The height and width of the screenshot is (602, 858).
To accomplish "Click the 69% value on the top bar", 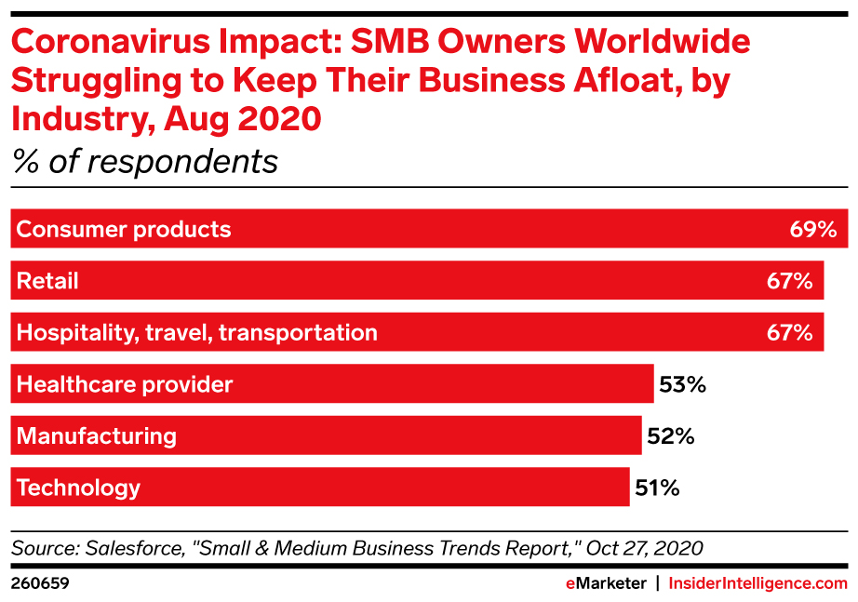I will (x=813, y=229).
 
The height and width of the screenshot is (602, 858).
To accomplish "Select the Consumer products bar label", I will (x=124, y=229).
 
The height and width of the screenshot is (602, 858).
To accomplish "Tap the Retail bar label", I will (x=47, y=281).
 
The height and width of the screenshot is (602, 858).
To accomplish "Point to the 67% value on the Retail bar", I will (x=790, y=281).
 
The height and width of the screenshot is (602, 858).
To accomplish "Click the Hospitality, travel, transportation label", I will (x=197, y=332).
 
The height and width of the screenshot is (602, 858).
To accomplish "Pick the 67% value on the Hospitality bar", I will (x=790, y=332).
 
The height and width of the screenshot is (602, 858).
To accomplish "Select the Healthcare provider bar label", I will (x=125, y=384).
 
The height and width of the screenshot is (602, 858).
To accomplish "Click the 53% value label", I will (x=682, y=384).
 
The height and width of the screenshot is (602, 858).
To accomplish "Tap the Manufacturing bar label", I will (x=97, y=435).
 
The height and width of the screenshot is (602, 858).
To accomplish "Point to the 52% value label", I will (x=670, y=435).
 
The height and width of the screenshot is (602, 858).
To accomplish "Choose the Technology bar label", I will (x=78, y=488).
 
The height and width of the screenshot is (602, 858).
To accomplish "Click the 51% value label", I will (x=657, y=488).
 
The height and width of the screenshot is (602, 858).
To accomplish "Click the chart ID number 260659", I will (x=40, y=583).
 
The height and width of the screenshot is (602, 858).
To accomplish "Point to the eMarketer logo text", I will (x=606, y=583).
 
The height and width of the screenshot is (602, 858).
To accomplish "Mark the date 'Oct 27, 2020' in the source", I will (x=644, y=548).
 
